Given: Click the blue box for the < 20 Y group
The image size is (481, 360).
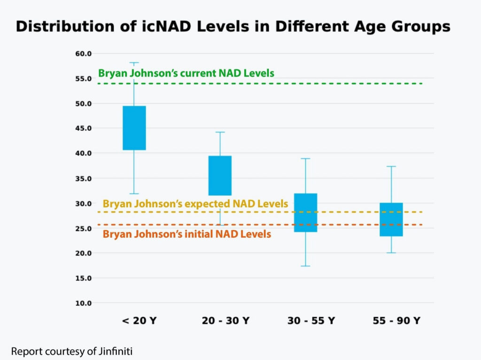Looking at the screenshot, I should click(x=134, y=128).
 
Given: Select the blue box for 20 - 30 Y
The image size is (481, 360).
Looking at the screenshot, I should click(x=220, y=175).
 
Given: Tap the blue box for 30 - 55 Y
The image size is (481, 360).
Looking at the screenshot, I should click(x=305, y=212).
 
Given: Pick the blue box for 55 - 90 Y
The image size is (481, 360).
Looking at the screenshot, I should click(x=391, y=219).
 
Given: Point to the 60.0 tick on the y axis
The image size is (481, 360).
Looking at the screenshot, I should click(x=84, y=54).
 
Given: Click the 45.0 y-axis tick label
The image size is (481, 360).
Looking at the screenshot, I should click(x=84, y=128).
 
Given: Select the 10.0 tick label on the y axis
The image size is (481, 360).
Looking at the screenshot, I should click(x=84, y=303).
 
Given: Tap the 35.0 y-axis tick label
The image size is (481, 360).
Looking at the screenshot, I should click(x=84, y=179).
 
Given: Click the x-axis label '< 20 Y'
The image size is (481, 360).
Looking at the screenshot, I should click(x=139, y=321).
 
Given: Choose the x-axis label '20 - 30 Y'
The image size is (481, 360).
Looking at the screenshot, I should click(x=225, y=321).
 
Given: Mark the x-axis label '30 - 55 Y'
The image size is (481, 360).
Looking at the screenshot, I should click(x=311, y=321).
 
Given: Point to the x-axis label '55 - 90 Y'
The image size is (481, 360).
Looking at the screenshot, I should click(x=397, y=321).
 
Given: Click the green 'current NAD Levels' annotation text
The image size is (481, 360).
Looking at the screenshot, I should click(x=186, y=73).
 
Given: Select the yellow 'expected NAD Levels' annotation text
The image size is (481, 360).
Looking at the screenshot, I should click(x=195, y=204).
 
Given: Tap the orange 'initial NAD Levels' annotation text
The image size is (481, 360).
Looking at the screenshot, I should click(x=187, y=234).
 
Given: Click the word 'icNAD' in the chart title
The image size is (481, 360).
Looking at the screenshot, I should click(x=148, y=27).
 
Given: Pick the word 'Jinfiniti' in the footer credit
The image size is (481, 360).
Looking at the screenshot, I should click(x=119, y=351).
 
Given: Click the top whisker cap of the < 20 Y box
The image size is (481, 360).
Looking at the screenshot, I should click(x=134, y=63).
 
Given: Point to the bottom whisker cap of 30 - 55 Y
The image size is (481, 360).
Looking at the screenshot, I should click(x=305, y=266).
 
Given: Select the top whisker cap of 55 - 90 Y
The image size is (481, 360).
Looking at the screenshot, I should click(x=391, y=166).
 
